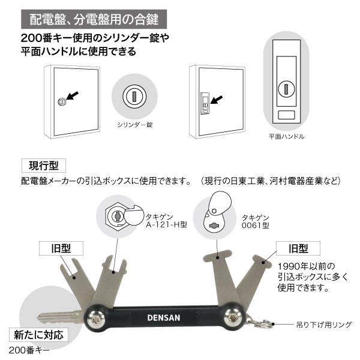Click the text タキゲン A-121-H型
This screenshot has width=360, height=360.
point(164,221)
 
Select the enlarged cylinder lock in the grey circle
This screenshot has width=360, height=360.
point(133,96)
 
